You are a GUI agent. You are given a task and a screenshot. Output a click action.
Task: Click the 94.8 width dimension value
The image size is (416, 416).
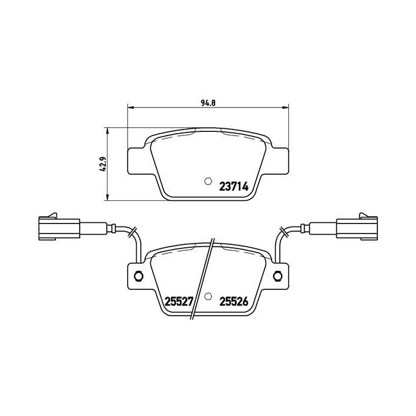[207, 102]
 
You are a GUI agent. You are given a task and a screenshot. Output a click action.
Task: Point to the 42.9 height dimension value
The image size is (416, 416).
[102, 163]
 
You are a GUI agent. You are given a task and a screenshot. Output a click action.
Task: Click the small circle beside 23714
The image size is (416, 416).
[207, 182]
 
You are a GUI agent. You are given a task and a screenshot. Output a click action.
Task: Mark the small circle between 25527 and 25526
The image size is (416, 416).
[207, 297]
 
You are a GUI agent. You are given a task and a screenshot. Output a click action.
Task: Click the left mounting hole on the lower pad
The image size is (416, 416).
[138, 275]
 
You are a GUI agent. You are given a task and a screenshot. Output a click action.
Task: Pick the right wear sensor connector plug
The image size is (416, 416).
[358, 227]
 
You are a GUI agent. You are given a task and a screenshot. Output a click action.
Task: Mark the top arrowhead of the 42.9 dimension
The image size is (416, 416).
[107, 130]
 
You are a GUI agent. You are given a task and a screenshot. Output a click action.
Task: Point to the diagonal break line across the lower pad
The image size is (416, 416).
[203, 279]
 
